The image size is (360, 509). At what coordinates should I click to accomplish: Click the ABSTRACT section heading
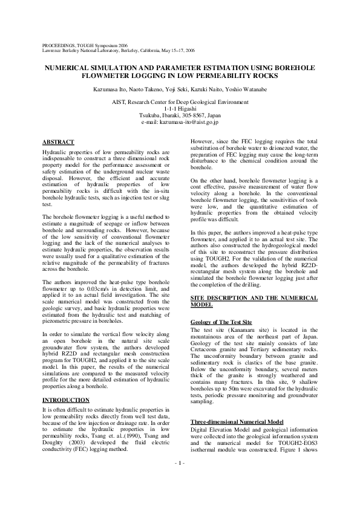point(58,142)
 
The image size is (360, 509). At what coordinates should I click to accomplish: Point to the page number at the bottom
point(180,479)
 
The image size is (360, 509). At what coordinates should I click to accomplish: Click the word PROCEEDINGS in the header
point(59,45)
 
